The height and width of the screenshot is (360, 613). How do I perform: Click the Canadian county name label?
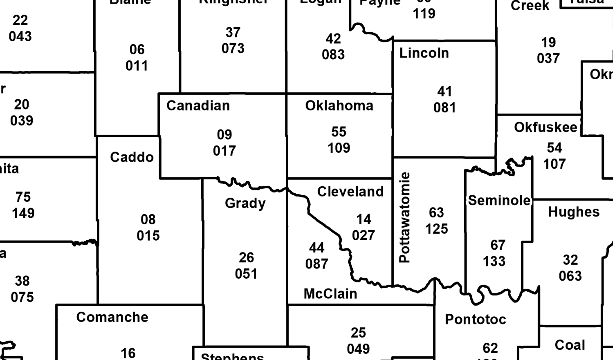(x=198, y=106)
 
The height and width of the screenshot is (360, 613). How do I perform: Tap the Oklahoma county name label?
(x=339, y=106)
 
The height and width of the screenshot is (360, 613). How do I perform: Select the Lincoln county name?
(x=424, y=53)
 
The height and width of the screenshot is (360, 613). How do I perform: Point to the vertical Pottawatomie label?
(x=404, y=217)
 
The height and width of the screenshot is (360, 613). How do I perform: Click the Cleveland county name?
(x=350, y=192)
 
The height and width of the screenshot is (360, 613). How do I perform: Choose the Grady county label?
(x=245, y=203)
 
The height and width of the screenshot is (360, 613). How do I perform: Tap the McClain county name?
(x=330, y=294)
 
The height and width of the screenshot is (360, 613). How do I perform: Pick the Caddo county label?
(x=132, y=157)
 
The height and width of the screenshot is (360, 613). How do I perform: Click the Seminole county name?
(x=499, y=201)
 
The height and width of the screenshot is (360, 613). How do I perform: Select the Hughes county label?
(x=574, y=212)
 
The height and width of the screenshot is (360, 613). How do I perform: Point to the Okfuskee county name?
(x=546, y=127)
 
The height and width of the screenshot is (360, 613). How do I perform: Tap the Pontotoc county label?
(x=475, y=320)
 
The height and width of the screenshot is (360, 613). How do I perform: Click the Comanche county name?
(x=112, y=317)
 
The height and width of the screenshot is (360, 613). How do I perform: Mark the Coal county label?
(x=570, y=345)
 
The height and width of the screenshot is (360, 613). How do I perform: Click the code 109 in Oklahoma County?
(x=339, y=148)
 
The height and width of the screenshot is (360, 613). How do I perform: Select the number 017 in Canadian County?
(x=224, y=151)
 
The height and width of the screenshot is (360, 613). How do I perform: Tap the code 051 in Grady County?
(x=246, y=274)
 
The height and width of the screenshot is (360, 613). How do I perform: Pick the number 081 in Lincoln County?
(x=444, y=108)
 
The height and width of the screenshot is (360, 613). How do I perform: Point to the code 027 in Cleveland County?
(x=363, y=236)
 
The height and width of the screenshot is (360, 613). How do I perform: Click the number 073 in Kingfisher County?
(x=233, y=49)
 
